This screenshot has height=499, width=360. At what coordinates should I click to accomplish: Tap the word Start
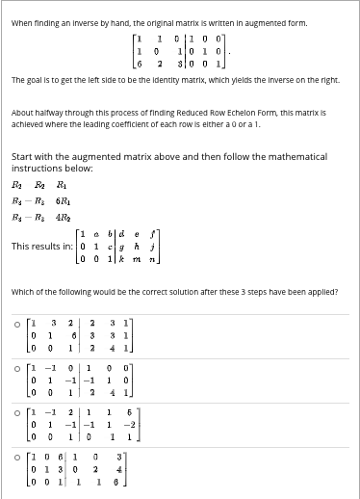click(x=24, y=155)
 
